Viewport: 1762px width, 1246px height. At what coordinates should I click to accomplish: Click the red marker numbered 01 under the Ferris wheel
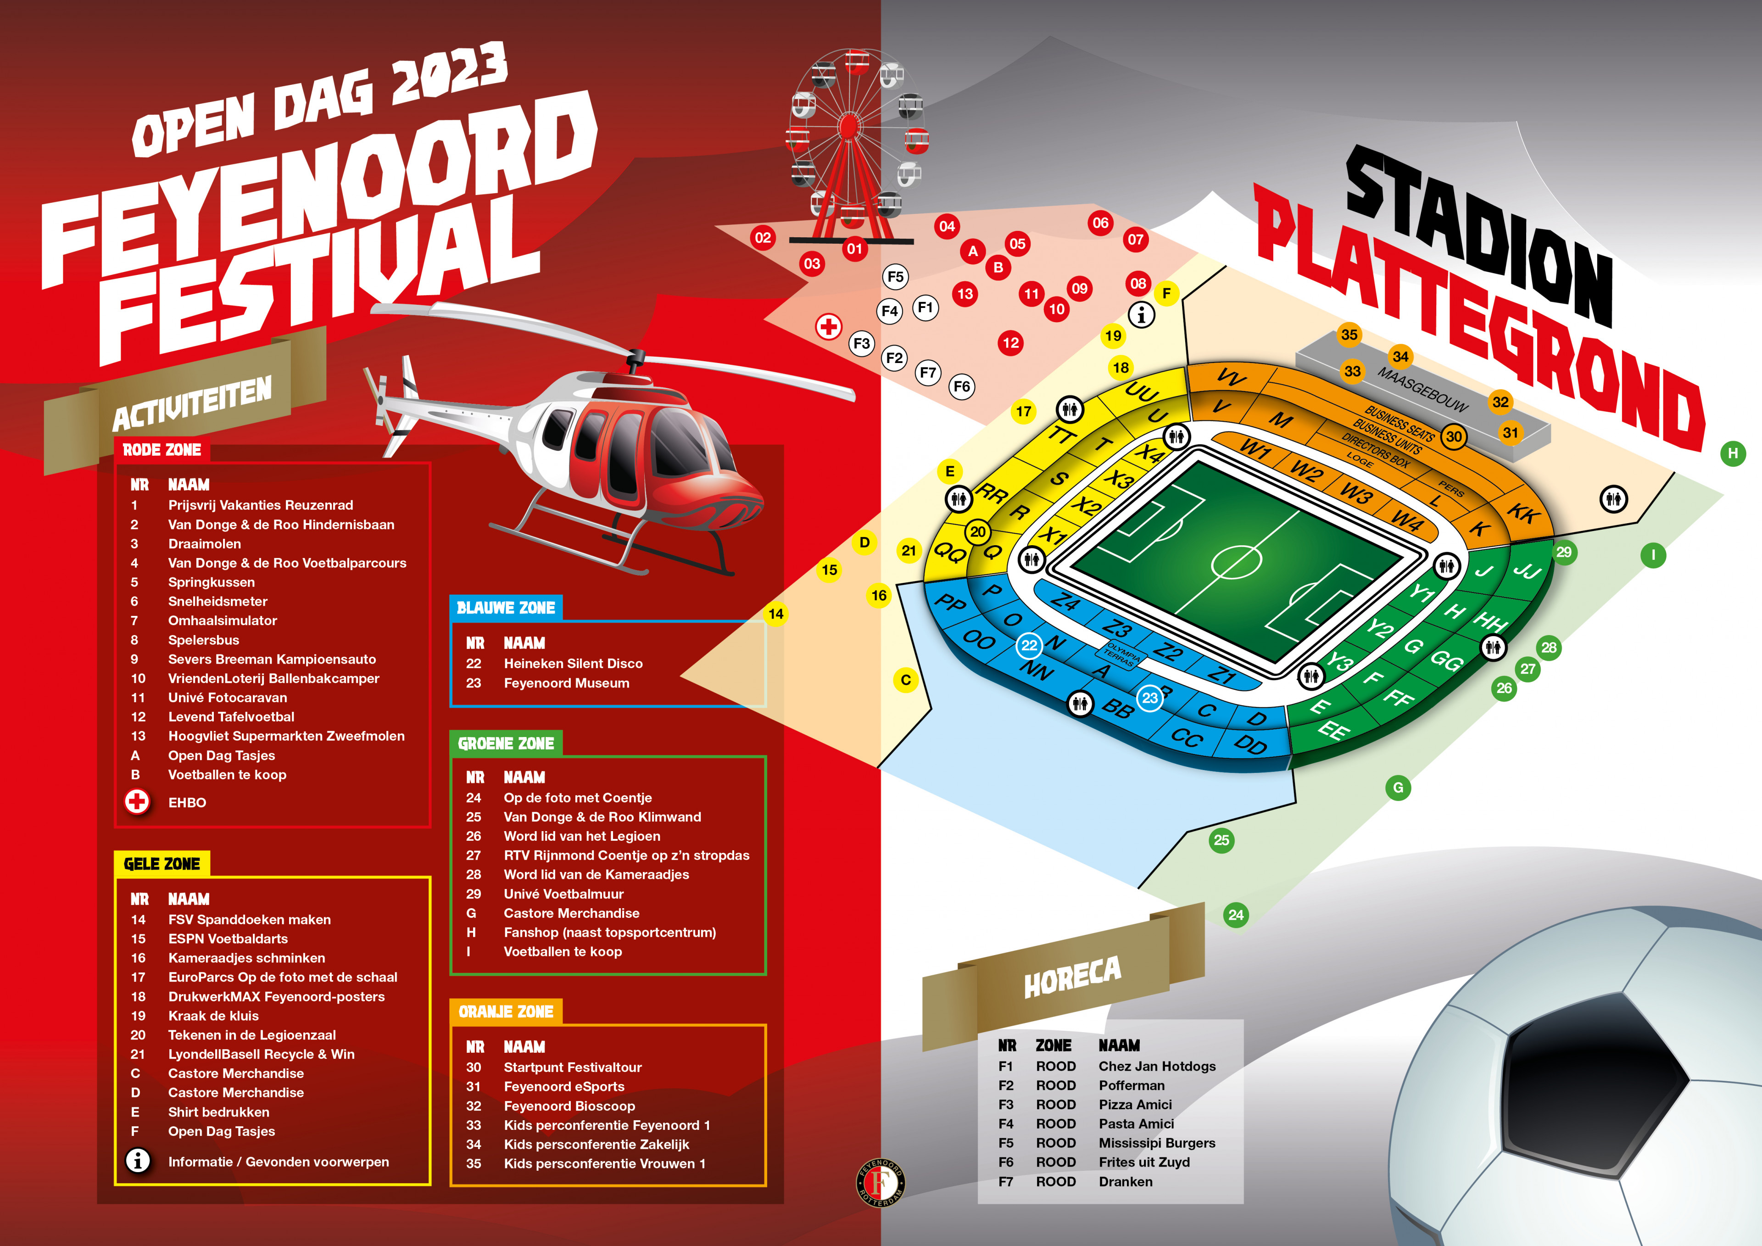854,249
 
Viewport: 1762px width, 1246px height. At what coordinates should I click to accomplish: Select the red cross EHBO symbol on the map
828,327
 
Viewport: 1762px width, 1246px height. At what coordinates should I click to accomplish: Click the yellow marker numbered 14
776,614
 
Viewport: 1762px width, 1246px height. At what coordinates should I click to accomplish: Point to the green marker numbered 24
1236,914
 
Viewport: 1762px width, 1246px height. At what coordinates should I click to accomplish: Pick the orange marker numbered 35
1349,335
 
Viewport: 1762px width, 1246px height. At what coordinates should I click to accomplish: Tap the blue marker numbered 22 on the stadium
1029,646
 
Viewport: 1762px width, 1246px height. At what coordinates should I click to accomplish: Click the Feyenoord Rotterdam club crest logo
880,1182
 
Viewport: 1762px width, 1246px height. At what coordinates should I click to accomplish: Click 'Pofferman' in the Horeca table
1131,1085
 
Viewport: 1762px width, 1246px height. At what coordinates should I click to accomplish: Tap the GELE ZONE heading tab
162,864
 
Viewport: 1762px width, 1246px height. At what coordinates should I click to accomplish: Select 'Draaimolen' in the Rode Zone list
204,543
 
